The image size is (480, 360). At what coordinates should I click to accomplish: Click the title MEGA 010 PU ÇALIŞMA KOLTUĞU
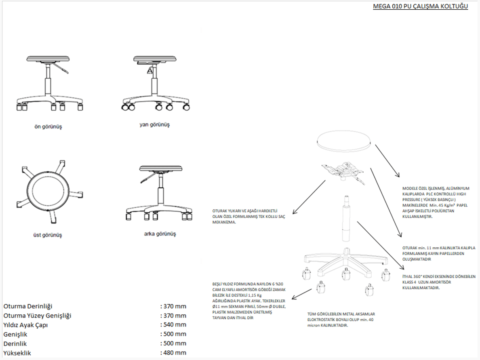tap(420, 6)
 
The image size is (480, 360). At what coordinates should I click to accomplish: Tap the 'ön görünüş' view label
tap(48, 126)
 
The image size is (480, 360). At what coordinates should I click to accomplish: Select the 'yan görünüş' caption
tap(155, 124)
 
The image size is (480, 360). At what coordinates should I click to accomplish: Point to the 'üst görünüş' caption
tap(47, 235)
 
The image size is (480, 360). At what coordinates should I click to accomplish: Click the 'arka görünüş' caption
tap(160, 234)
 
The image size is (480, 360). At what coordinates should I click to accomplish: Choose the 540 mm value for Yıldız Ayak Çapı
tap(173, 324)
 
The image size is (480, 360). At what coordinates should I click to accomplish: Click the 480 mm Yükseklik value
tap(173, 353)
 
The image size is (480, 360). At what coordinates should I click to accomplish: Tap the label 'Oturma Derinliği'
tap(28, 306)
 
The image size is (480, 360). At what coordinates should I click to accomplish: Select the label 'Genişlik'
tap(15, 334)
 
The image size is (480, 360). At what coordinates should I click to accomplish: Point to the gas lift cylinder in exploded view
tap(346, 219)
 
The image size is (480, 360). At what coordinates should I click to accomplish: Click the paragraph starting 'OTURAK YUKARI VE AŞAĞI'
tap(248, 217)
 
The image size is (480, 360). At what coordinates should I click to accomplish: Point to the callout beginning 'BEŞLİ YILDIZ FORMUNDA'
tap(249, 301)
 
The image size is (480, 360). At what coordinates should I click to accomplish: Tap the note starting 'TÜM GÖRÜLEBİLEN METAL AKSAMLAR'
tap(341, 320)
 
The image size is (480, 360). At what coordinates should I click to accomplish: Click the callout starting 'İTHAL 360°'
tap(439, 282)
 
